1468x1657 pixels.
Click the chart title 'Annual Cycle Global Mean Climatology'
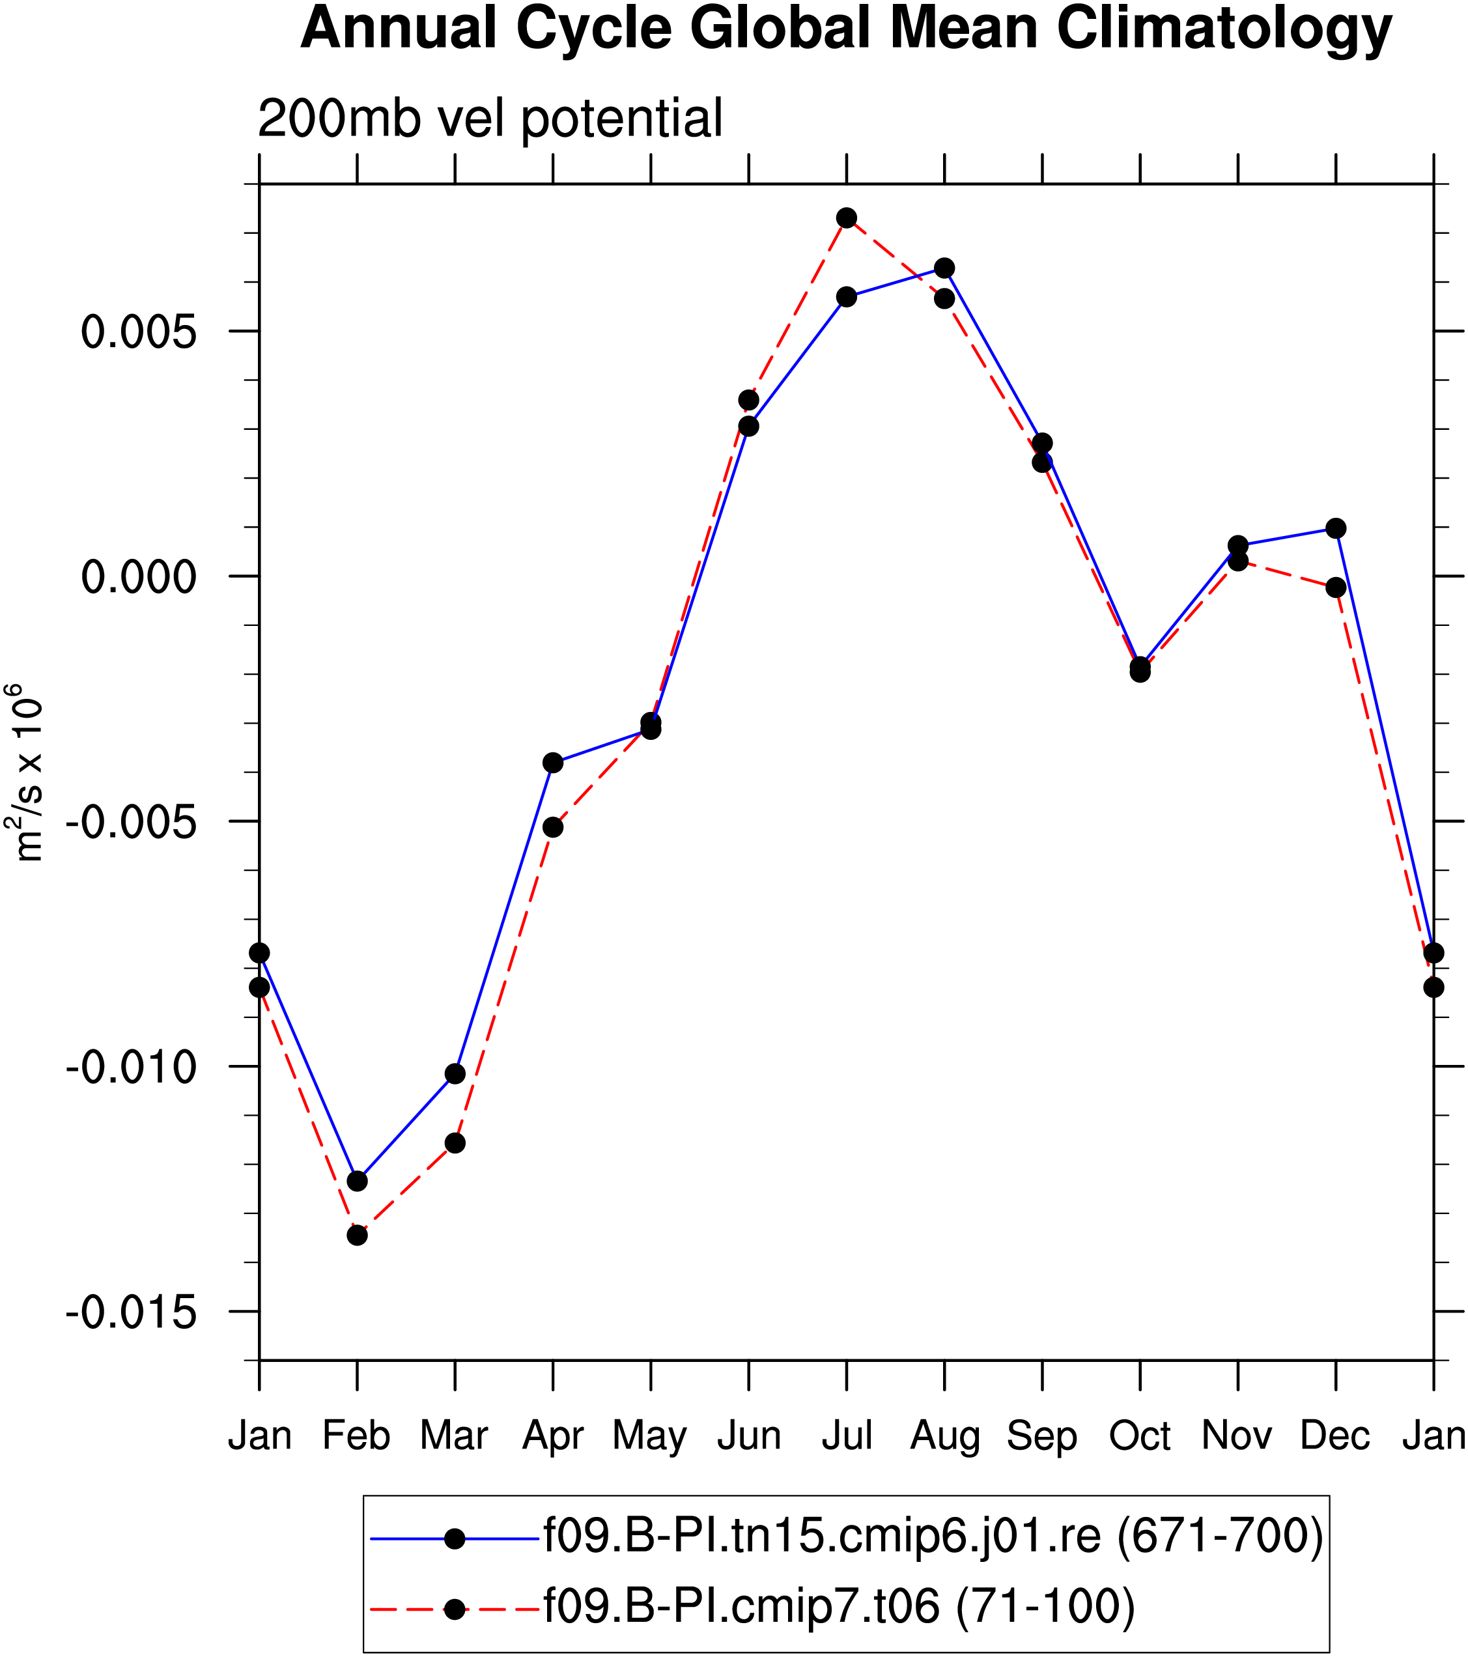[x=845, y=29]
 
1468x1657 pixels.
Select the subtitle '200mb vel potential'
[x=490, y=119]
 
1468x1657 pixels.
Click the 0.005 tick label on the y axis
[x=139, y=332]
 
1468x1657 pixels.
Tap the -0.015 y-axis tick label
[x=132, y=1312]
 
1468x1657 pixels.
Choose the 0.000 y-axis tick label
[x=139, y=577]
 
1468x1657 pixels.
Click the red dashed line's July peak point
[x=846, y=218]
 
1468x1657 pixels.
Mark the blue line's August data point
[x=944, y=268]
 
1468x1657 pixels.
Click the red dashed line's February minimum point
[x=358, y=1236]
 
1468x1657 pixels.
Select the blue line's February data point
[x=358, y=1181]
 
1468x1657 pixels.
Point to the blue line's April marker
[x=553, y=763]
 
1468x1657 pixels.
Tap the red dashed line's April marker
[x=553, y=827]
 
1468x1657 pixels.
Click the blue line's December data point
[x=1336, y=528]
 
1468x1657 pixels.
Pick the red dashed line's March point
[x=455, y=1143]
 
